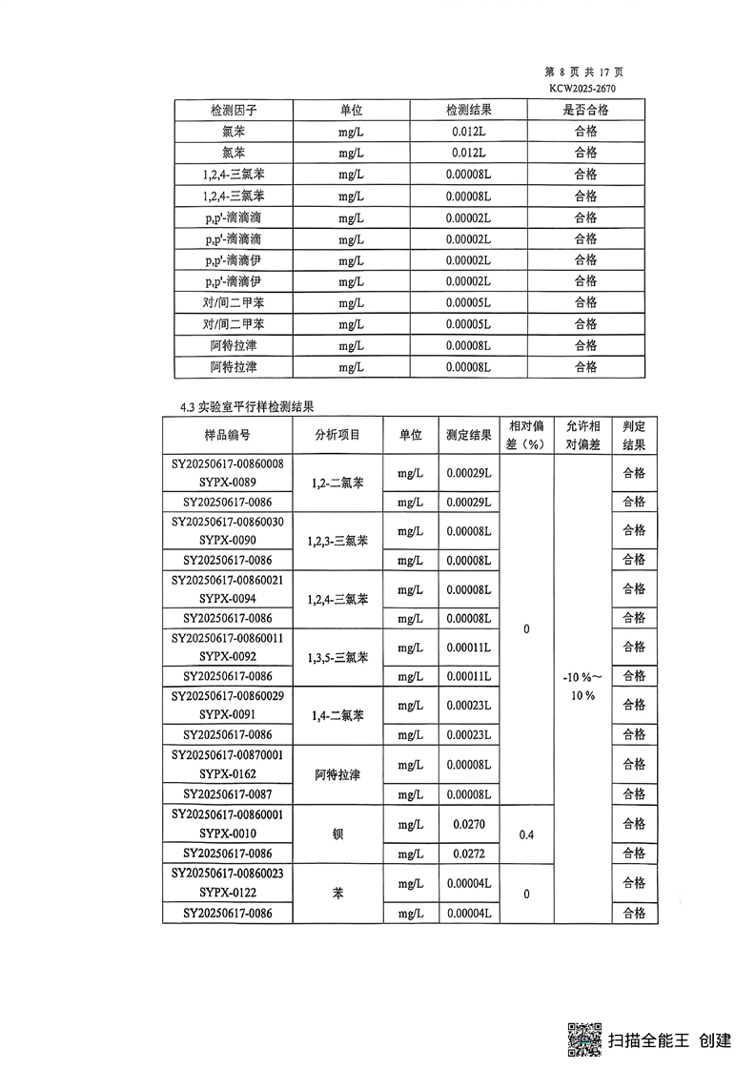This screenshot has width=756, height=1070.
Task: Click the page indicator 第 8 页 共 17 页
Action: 583,72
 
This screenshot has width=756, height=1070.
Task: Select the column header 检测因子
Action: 234,110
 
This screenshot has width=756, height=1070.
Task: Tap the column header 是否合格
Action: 585,110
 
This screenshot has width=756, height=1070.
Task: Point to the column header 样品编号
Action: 228,435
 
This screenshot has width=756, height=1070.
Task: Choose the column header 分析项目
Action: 337,435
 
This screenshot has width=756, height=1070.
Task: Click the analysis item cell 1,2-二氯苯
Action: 337,484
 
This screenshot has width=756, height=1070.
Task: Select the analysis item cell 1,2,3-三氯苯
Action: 337,542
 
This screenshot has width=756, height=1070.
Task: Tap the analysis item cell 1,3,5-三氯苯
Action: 337,657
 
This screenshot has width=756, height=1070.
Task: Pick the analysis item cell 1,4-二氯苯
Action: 337,715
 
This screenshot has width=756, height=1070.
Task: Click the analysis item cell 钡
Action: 337,833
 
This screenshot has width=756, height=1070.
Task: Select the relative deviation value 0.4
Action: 526,834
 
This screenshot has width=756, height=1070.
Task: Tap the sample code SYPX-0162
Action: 228,774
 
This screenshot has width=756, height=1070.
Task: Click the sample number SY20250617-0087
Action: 228,794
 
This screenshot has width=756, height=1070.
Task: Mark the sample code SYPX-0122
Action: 228,893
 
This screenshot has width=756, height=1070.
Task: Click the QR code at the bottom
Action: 584,1039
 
